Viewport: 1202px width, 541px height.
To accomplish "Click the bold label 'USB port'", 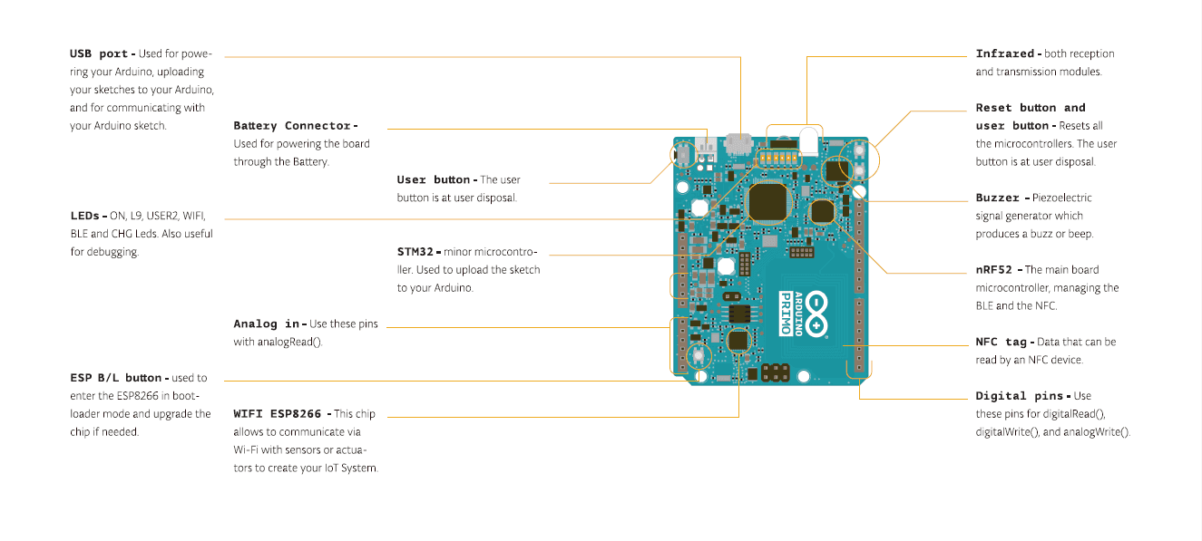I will pos(99,53).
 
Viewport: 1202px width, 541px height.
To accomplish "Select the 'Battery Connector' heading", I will pos(293,126).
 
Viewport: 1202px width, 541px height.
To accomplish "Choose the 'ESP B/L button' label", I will pos(116,378).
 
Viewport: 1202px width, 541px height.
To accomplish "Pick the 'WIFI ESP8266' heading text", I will pos(279,414).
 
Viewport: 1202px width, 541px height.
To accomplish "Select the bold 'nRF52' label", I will pos(994,270).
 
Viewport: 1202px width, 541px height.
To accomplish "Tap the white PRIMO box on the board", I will pos(786,313).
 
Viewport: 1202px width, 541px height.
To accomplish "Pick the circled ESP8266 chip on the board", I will pos(738,341).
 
